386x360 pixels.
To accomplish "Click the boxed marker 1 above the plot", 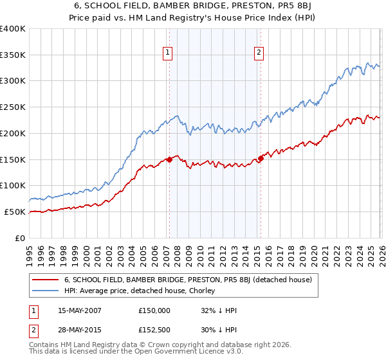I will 168,53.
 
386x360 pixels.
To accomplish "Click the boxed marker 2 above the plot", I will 259,53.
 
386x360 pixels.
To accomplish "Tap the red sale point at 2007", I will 169,159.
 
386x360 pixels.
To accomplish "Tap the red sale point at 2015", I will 261,158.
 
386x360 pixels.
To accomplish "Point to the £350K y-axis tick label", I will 13,55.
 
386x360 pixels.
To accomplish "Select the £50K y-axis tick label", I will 15,212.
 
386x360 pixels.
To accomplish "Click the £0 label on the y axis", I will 20,238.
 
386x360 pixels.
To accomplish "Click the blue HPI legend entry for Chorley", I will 142,291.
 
